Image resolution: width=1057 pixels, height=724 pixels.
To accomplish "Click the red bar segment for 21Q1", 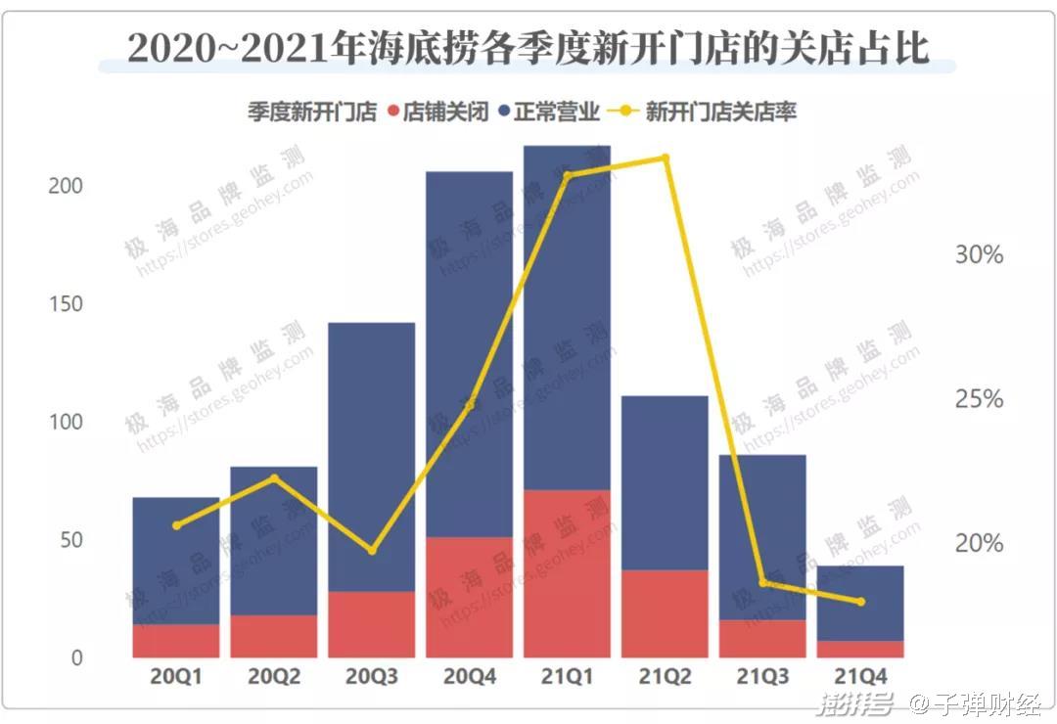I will tap(567, 573).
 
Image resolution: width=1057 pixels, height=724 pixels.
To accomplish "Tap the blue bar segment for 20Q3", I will tap(371, 456).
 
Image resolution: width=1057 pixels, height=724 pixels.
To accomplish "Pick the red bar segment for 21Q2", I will tap(665, 613).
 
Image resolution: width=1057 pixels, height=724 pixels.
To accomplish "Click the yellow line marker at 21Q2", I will tap(666, 158).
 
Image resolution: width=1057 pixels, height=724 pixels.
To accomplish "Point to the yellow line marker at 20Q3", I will tap(372, 551).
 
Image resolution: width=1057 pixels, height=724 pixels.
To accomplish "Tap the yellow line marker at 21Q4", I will tap(861, 602).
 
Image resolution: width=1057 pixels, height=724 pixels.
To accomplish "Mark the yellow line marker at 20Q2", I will tap(274, 477).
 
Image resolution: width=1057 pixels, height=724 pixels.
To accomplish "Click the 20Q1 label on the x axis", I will tap(176, 676).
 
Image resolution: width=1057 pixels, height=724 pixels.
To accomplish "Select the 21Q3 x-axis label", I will tap(763, 676).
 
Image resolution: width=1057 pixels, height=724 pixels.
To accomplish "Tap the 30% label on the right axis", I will tap(979, 255).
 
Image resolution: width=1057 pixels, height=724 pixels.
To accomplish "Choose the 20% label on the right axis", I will tap(979, 543).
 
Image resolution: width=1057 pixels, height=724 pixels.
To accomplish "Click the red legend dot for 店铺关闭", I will tap(393, 113).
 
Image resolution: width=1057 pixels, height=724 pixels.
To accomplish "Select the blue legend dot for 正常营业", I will tap(503, 113).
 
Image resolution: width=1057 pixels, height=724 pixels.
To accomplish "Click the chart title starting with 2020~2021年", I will tap(528, 47).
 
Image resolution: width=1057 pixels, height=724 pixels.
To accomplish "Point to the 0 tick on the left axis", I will tap(76, 658).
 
